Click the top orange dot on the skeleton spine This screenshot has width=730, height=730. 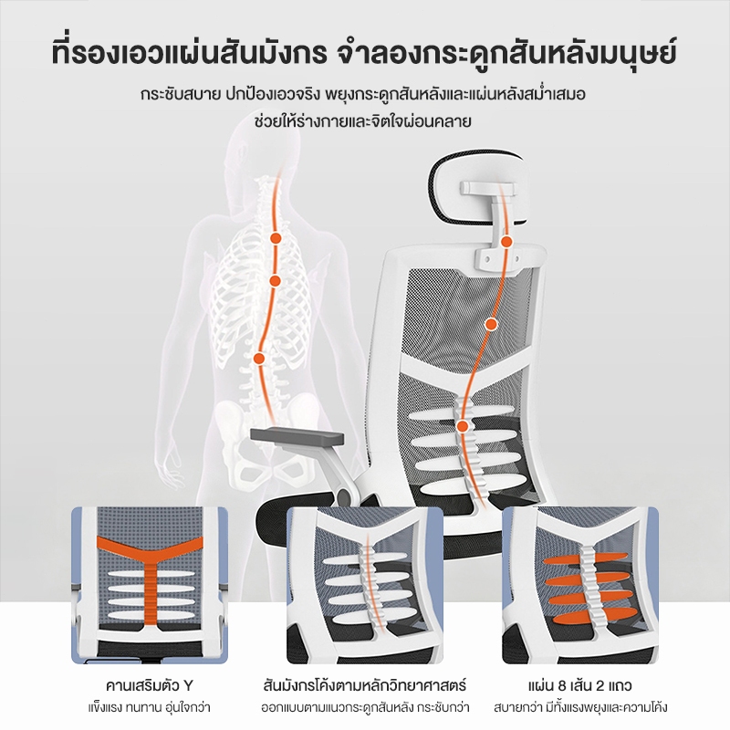click(276, 238)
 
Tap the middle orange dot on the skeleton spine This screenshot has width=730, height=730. click(275, 281)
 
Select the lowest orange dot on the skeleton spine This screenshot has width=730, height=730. click(259, 359)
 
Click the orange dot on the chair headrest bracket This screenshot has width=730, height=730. click(506, 242)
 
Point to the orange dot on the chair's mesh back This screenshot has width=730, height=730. click(490, 324)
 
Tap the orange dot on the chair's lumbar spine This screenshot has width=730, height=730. click(463, 426)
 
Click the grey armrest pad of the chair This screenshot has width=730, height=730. click(297, 436)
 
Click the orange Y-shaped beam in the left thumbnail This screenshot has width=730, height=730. click(150, 579)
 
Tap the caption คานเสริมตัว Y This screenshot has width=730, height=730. click(149, 685)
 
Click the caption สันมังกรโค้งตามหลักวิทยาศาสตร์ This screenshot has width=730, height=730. click(364, 685)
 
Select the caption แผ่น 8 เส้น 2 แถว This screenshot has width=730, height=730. click(580, 685)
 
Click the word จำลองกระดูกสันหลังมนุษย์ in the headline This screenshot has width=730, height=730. click(506, 54)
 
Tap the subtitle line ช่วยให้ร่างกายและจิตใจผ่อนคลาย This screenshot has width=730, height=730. click(363, 120)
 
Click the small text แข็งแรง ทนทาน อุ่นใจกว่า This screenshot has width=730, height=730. click(149, 708)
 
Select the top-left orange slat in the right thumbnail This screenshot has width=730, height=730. click(562, 559)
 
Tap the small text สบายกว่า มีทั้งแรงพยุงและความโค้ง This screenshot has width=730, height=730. click(580, 708)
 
